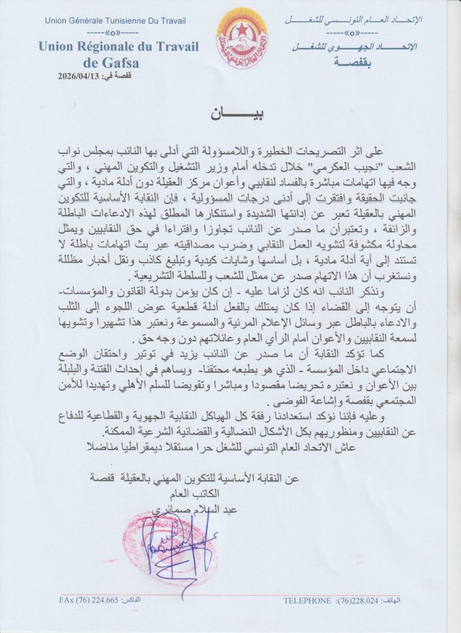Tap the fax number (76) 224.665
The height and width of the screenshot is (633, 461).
(x=93, y=600)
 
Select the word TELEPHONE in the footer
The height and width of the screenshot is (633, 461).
(x=308, y=600)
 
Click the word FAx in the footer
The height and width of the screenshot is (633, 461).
(x=66, y=600)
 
